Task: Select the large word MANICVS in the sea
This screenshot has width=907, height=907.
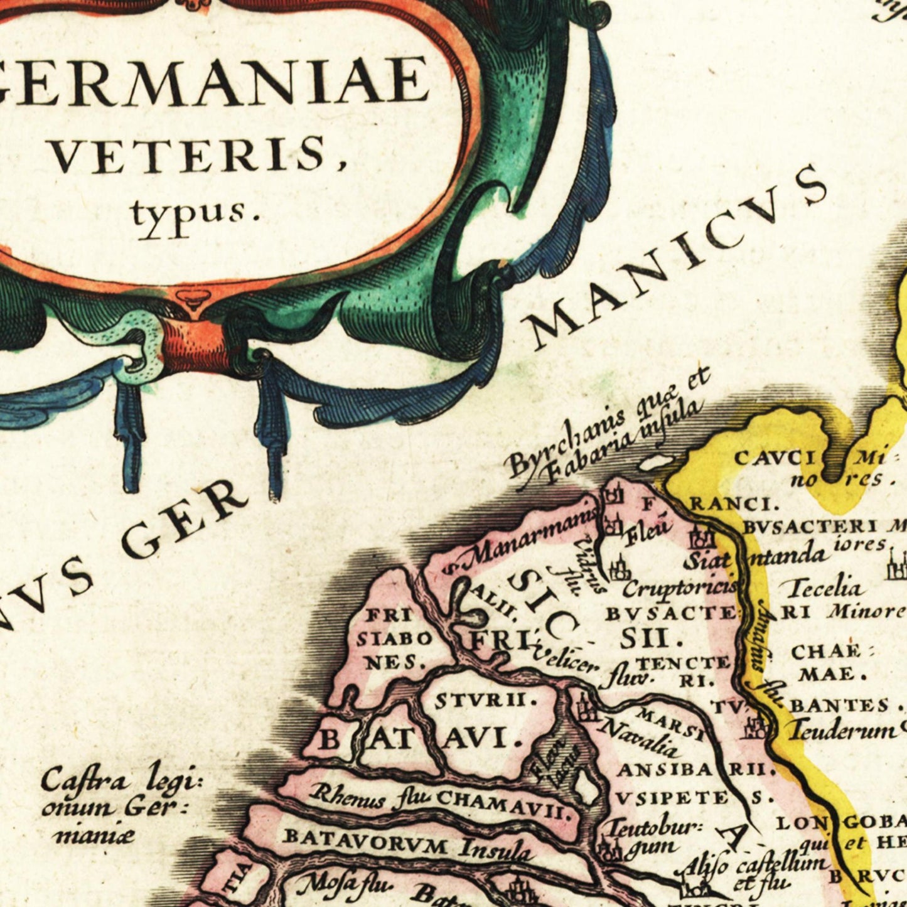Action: point(678,257)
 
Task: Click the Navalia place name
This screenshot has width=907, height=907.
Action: point(640,738)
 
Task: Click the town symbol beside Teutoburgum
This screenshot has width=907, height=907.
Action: point(608,851)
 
